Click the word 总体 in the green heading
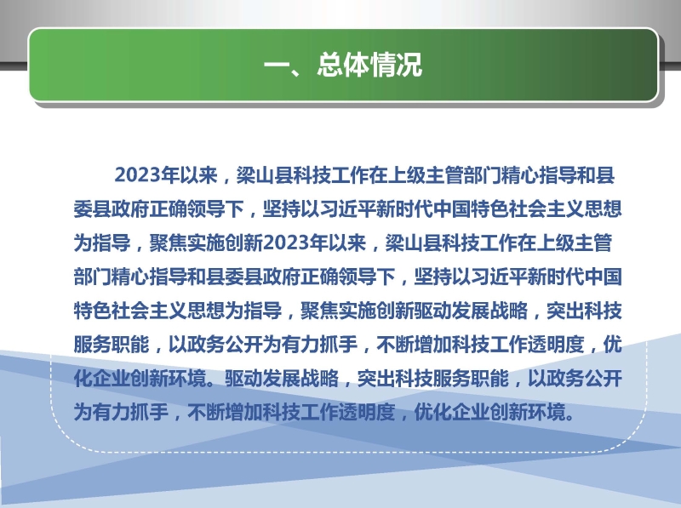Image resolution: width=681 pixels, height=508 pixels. pyautogui.click(x=343, y=66)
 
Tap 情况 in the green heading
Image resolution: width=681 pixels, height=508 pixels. pyautogui.click(x=396, y=66)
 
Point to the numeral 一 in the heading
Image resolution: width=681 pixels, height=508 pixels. pyautogui.click(x=278, y=66)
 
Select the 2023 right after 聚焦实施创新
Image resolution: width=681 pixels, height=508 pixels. pyautogui.click(x=286, y=243)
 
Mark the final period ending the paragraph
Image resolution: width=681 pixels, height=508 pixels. pyautogui.click(x=569, y=417)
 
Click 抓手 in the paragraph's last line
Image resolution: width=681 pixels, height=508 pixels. pyautogui.click(x=150, y=412)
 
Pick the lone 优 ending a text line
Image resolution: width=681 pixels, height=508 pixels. pyautogui.click(x=612, y=345)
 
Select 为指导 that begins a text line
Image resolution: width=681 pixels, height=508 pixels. pyautogui.click(x=102, y=243)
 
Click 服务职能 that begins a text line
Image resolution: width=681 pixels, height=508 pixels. pyautogui.click(x=112, y=345)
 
